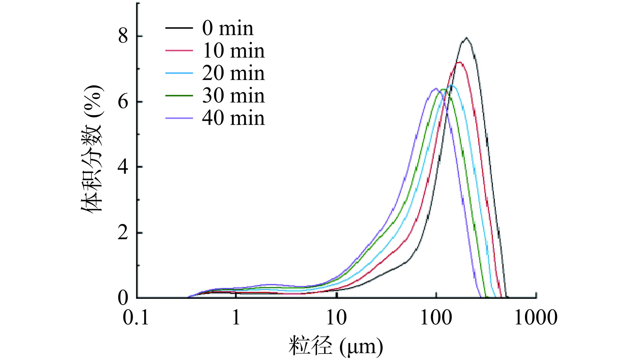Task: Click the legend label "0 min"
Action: pyautogui.click(x=228, y=28)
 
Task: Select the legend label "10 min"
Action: pyautogui.click(x=233, y=51)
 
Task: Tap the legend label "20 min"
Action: pyautogui.click(x=233, y=73)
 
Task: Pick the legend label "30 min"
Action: pyautogui.click(x=233, y=96)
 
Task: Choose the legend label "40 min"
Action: pyautogui.click(x=233, y=118)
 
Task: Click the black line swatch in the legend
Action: pyautogui.click(x=179, y=28)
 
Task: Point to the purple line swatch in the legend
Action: pyautogui.click(x=179, y=118)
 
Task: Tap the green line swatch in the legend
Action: pyautogui.click(x=179, y=96)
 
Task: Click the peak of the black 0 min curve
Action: pyautogui.click(x=466, y=38)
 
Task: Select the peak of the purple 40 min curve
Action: pyautogui.click(x=435, y=88)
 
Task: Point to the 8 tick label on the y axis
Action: pyautogui.click(x=123, y=36)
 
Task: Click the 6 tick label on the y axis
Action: pyautogui.click(x=123, y=102)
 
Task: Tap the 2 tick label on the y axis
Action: pyautogui.click(x=123, y=233)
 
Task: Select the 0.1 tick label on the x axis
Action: pyautogui.click(x=136, y=318)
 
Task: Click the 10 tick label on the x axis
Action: pyautogui.click(x=337, y=318)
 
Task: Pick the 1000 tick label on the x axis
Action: pyautogui.click(x=536, y=318)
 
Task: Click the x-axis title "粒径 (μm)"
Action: pyautogui.click(x=336, y=346)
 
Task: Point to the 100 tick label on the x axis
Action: pyautogui.click(x=436, y=318)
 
